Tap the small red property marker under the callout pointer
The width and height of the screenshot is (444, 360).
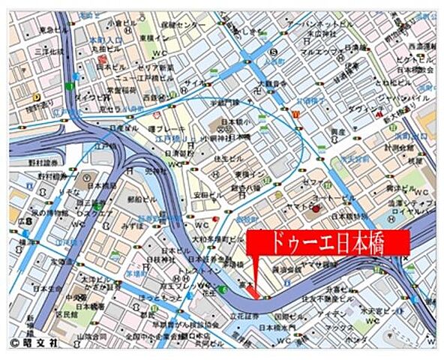click(255, 293)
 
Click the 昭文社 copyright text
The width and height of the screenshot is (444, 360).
click(35, 343)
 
